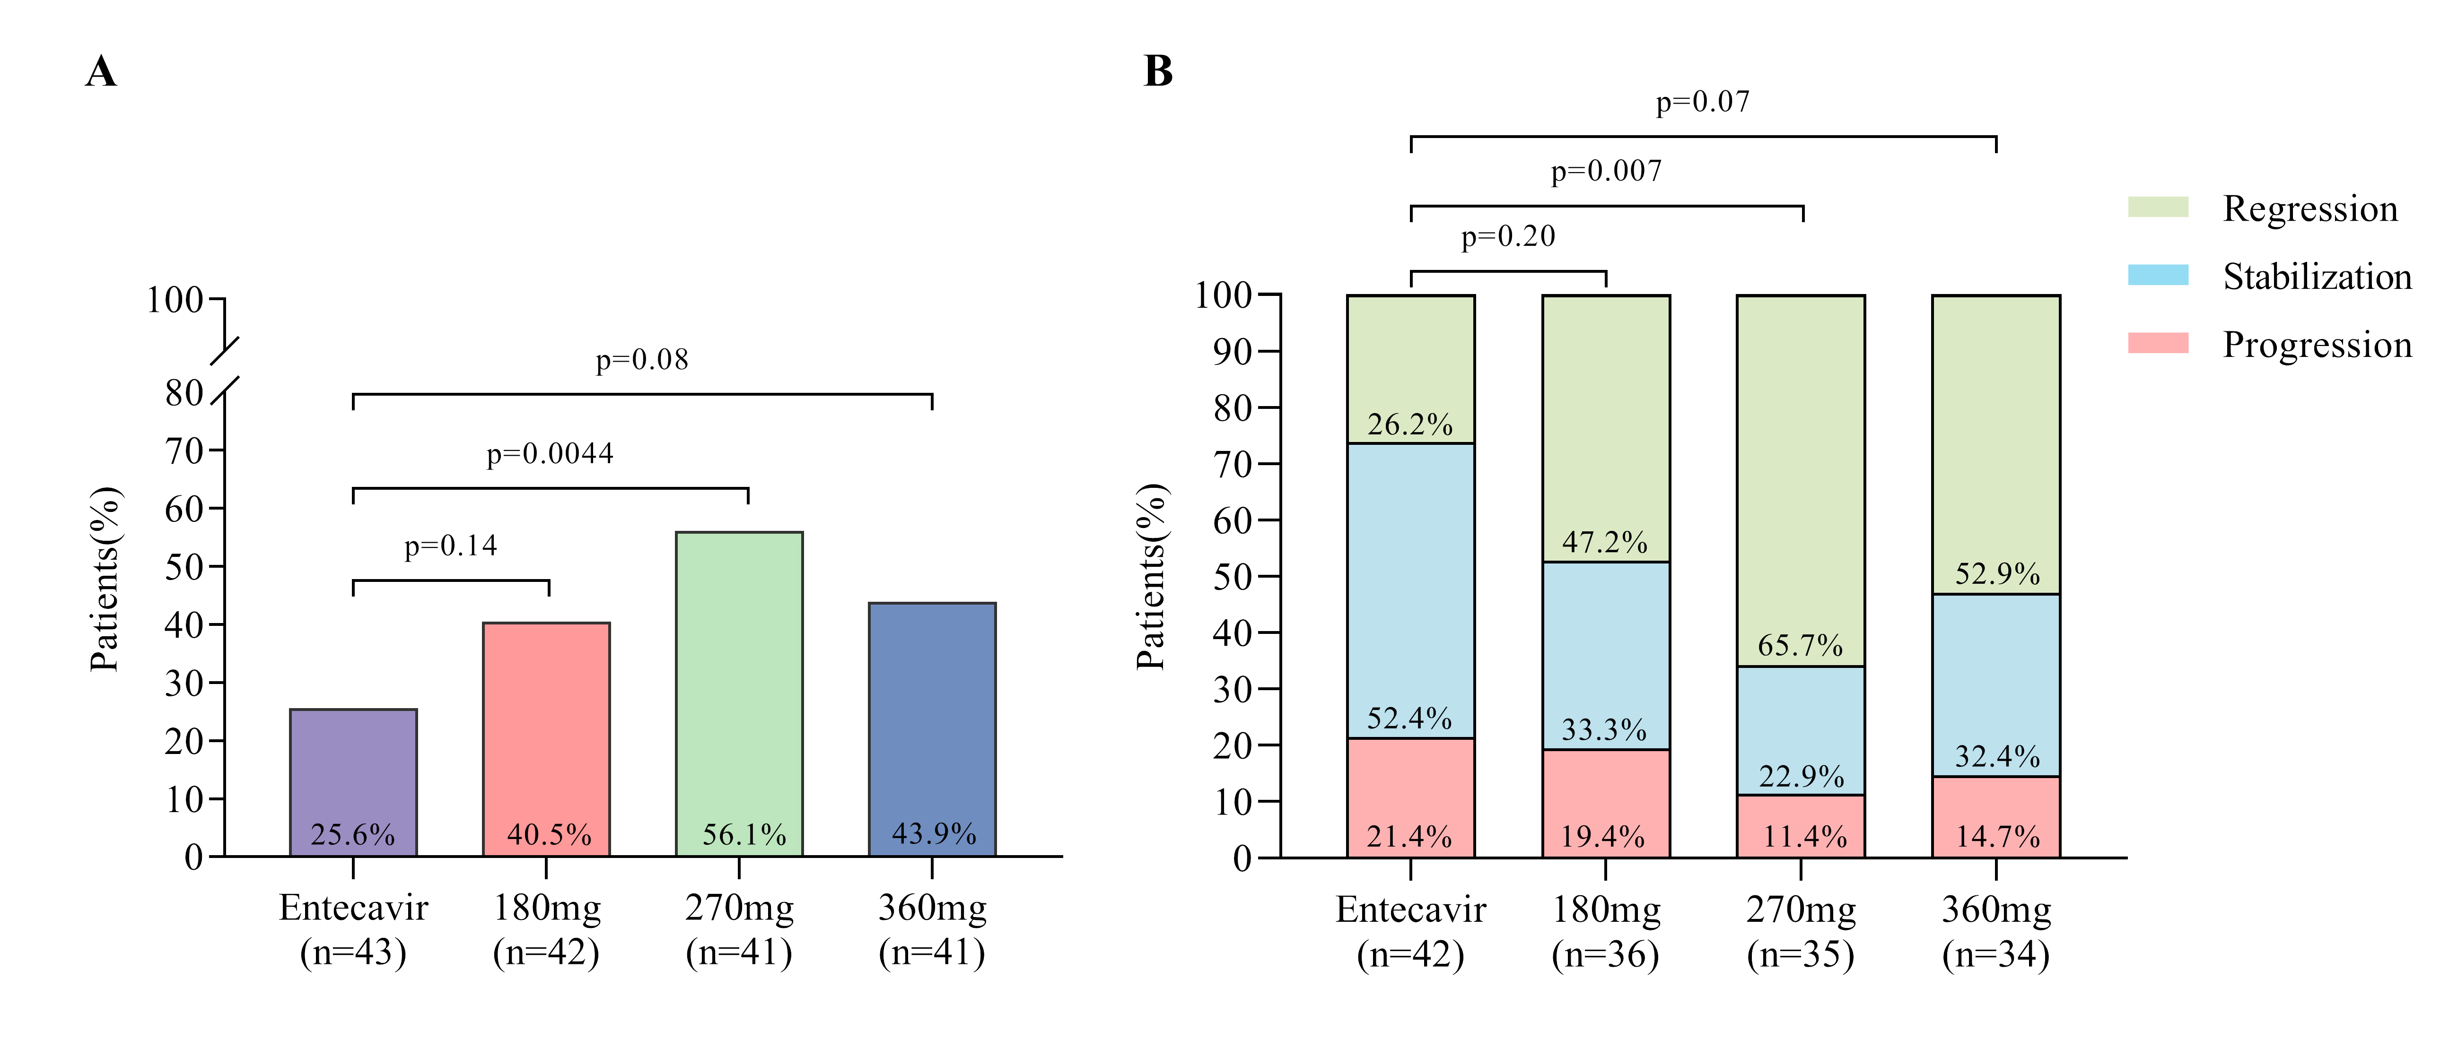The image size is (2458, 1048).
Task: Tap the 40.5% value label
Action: [x=549, y=835]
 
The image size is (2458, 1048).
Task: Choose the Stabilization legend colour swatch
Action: [x=2157, y=276]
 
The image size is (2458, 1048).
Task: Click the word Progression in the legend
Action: [x=2317, y=344]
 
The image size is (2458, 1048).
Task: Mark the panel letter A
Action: [x=101, y=71]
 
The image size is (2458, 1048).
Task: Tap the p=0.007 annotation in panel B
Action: [x=1606, y=172]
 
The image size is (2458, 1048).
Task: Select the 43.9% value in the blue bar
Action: [x=933, y=834]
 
